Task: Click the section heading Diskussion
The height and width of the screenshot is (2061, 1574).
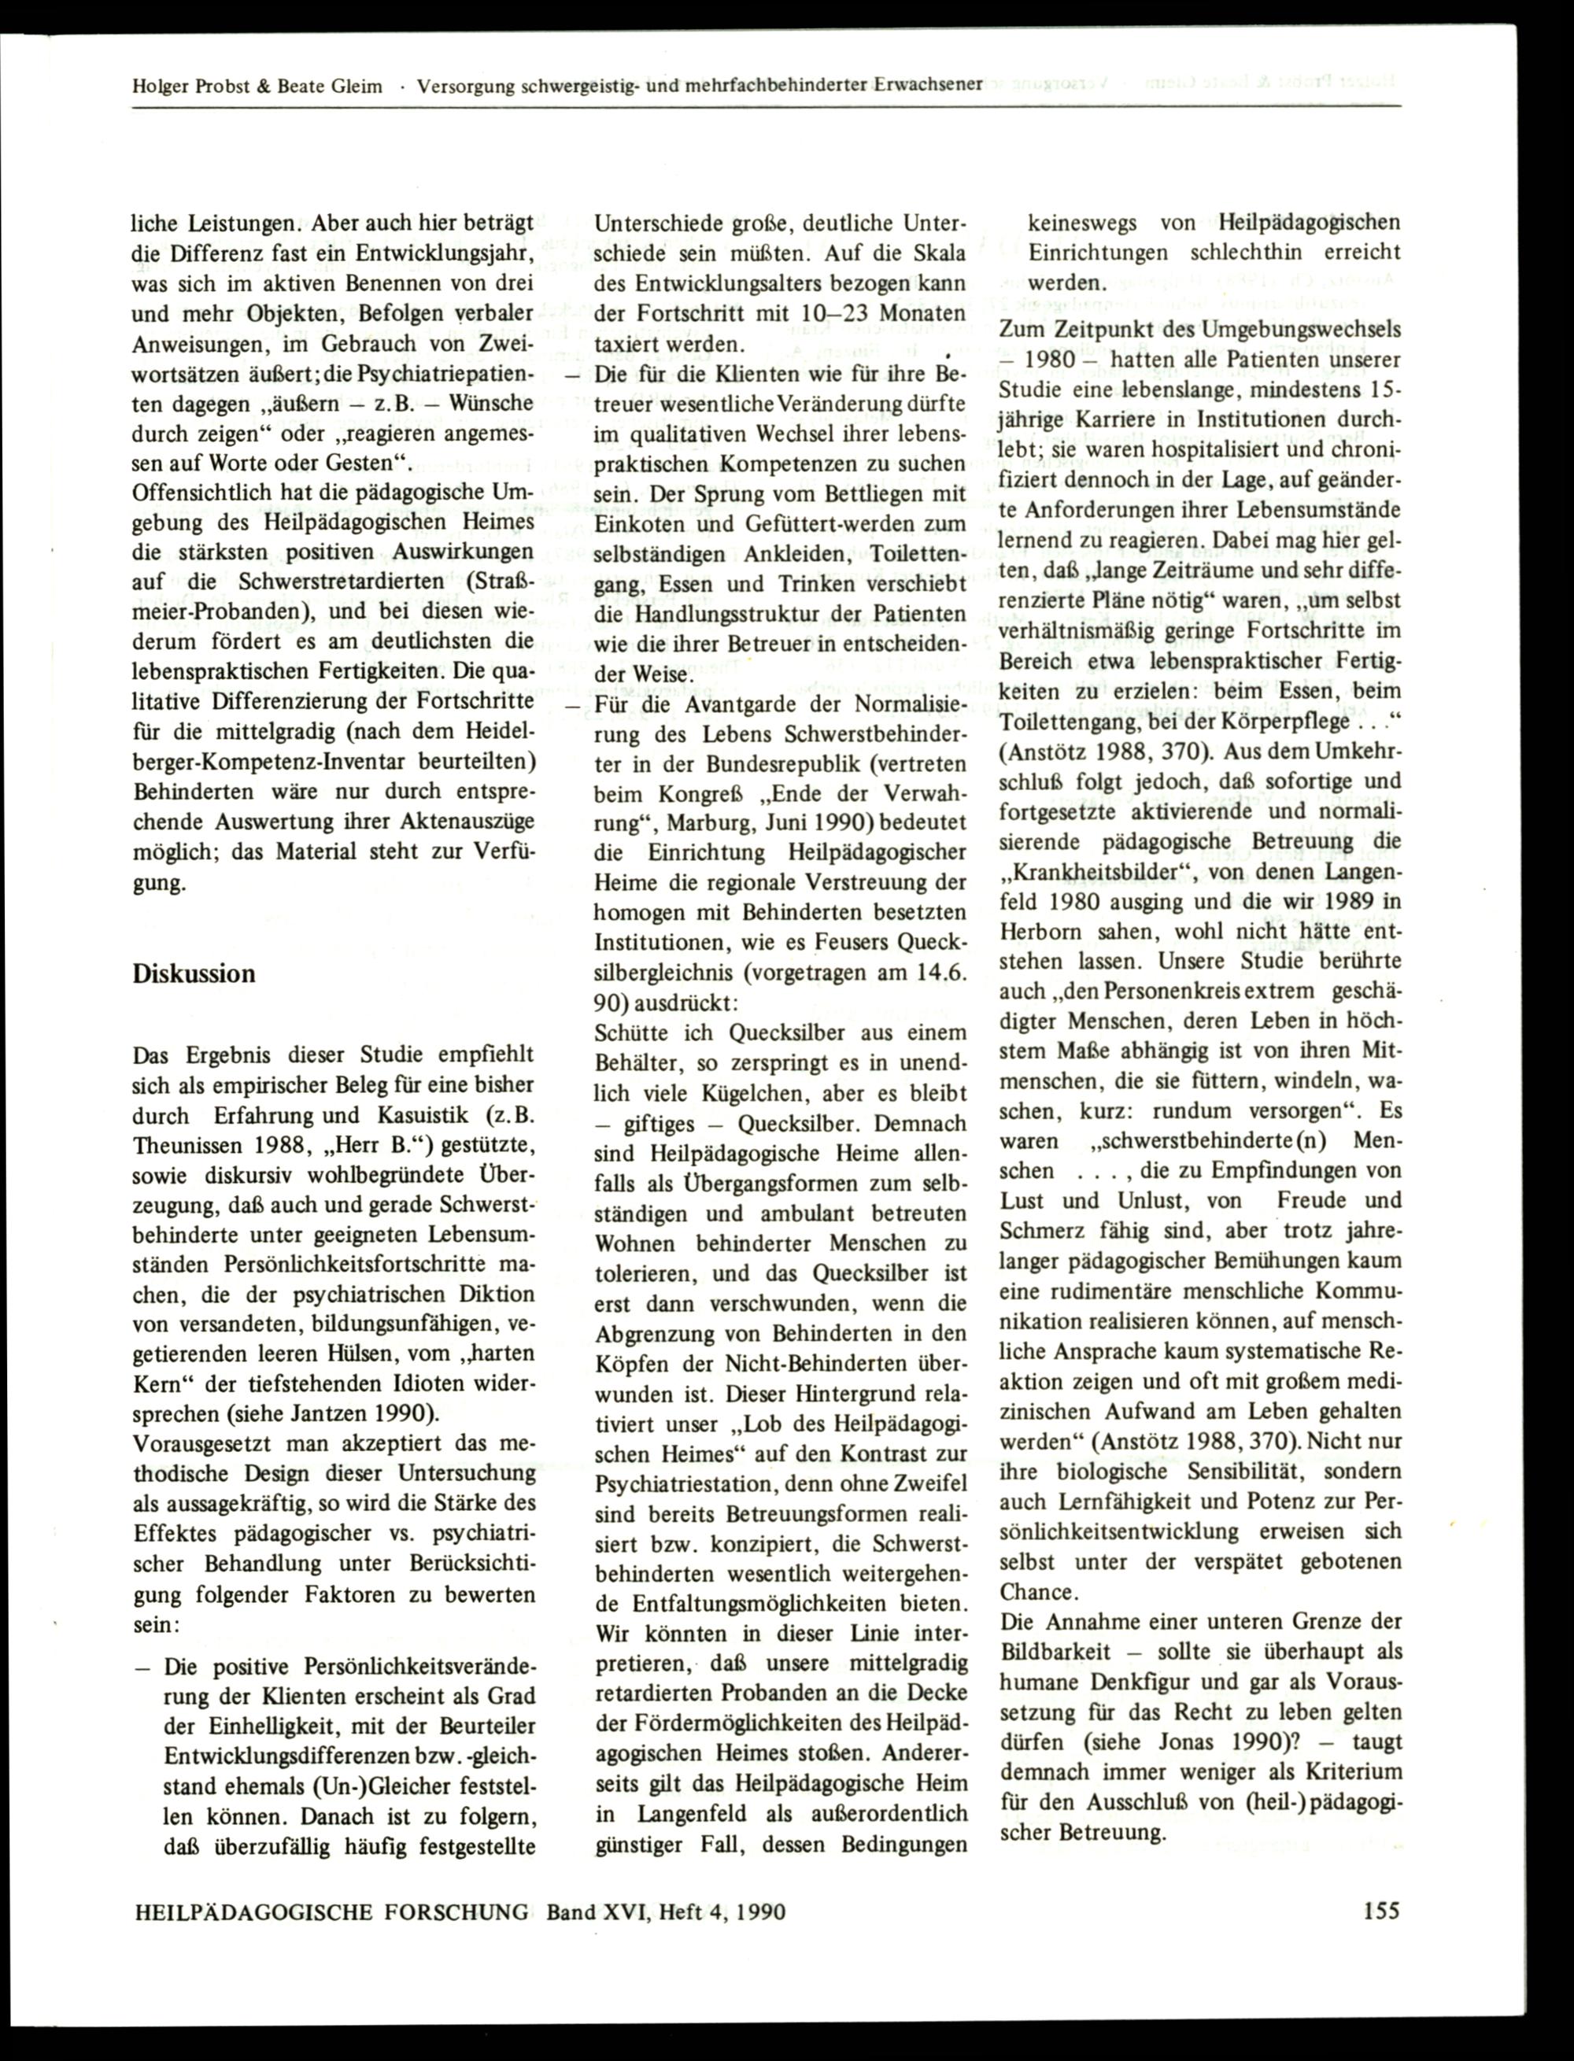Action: (194, 973)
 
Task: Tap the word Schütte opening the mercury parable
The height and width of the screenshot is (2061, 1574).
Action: (631, 1032)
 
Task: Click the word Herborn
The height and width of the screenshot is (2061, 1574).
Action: (1042, 933)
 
